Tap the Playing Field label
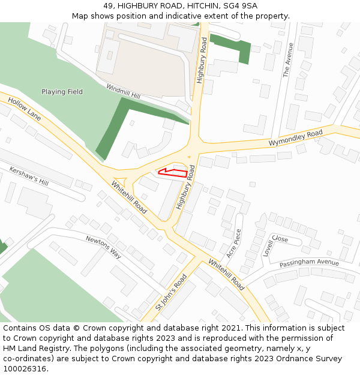tap(62, 92)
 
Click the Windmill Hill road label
tap(123, 92)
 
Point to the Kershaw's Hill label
tap(29, 176)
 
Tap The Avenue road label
tap(287, 60)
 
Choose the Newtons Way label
tap(103, 247)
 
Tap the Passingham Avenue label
tap(309, 263)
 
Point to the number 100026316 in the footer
tap(25, 368)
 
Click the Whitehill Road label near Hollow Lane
tap(129, 197)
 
